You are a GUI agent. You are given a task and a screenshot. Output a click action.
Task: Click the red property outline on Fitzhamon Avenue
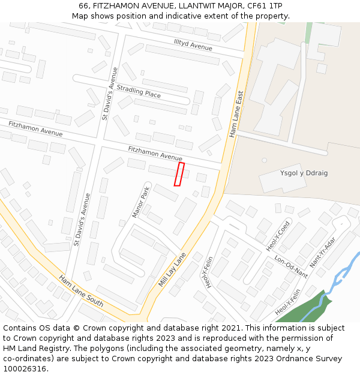(x=179, y=174)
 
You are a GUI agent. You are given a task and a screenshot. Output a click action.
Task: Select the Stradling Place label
(x=139, y=91)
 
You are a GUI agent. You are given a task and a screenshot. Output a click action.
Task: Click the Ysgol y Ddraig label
(x=304, y=173)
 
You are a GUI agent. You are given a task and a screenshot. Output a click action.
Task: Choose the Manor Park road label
(x=140, y=202)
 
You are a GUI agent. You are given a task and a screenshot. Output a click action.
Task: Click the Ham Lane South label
(x=81, y=290)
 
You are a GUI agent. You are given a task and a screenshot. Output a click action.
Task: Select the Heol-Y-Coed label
(x=278, y=236)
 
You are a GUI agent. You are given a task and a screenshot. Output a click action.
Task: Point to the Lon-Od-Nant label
(x=291, y=267)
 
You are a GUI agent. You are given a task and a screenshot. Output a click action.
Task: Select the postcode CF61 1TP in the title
(x=264, y=6)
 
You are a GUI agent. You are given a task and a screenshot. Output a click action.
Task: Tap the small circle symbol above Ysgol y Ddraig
(x=264, y=160)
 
